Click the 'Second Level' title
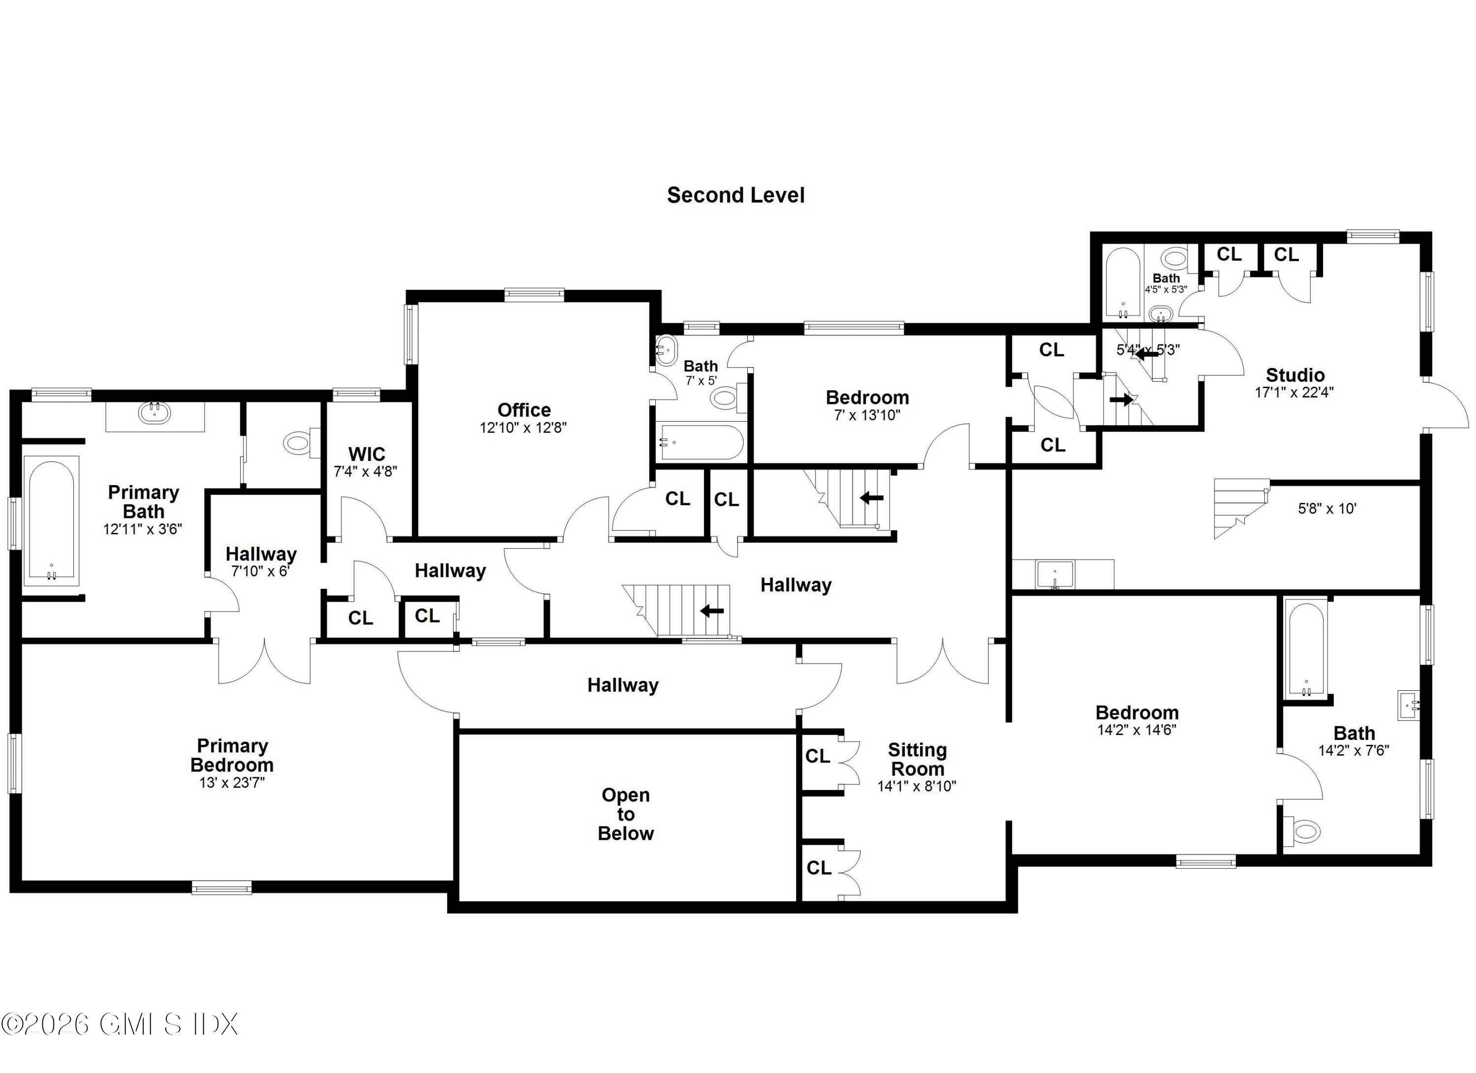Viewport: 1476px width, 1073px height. (x=736, y=195)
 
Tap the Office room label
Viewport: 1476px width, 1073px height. (x=524, y=410)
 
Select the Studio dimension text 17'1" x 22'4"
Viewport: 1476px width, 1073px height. (x=1294, y=393)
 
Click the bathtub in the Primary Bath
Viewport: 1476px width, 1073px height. (x=51, y=521)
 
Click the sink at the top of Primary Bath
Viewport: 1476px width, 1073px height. (x=154, y=413)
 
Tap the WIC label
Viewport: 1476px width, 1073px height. (x=367, y=454)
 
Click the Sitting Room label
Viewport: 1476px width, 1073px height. (x=917, y=759)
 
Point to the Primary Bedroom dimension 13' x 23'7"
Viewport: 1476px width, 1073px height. (x=232, y=782)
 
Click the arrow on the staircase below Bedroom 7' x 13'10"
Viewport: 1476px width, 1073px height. (x=871, y=498)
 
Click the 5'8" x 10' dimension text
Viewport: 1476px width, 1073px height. (x=1327, y=508)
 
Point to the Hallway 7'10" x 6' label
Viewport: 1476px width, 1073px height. (x=261, y=554)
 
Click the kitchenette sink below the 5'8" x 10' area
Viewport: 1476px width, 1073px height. (x=1054, y=575)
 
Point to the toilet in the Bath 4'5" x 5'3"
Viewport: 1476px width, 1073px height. (x=1174, y=258)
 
